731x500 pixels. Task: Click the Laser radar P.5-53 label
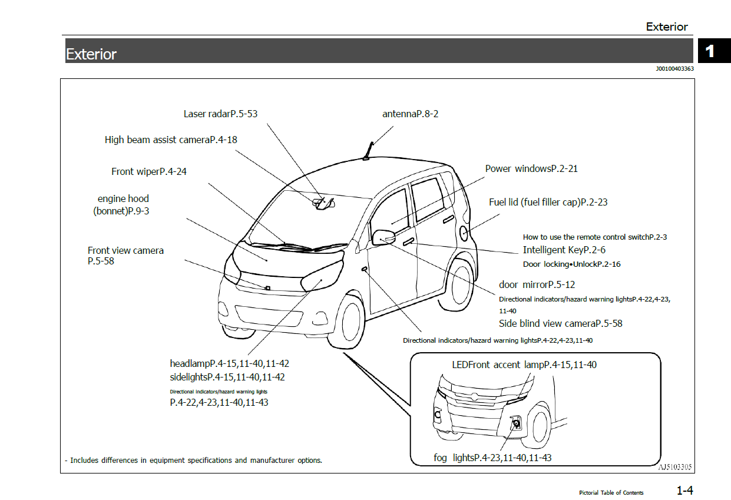(220, 114)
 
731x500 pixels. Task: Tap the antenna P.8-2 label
(410, 114)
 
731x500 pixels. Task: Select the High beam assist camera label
(171, 140)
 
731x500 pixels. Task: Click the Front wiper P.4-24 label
(149, 171)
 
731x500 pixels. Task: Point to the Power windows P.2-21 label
(531, 168)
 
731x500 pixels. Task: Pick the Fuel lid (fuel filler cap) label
(548, 202)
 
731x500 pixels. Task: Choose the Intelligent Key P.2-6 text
(564, 250)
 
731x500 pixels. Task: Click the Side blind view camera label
(560, 323)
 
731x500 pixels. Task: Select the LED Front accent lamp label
(524, 365)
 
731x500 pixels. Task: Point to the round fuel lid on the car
(464, 233)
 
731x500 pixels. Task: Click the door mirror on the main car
(383, 237)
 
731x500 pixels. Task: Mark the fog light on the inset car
(515, 422)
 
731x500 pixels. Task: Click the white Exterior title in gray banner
(91, 54)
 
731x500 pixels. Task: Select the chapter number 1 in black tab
(710, 51)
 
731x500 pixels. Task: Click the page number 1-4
(684, 490)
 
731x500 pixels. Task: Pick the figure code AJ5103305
(674, 468)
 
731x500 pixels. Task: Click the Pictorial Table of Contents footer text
(611, 492)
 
